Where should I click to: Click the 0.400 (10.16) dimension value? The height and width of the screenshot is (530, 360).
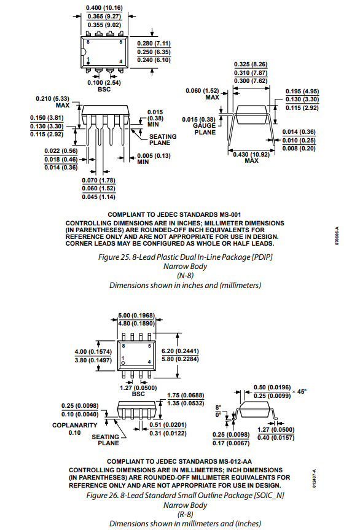(104, 8)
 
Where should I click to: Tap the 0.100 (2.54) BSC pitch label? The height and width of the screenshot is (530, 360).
(104, 86)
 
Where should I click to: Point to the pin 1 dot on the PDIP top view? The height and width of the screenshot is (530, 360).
(88, 63)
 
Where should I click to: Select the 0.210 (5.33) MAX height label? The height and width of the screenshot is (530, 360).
(52, 102)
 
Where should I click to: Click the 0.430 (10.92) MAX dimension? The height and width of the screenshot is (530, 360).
(251, 157)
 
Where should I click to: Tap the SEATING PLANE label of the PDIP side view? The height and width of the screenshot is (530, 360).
(163, 139)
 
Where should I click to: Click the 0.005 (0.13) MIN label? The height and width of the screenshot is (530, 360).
(154, 159)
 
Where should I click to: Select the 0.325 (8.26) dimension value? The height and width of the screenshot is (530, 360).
(251, 64)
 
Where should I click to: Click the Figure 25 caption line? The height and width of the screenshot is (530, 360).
(186, 257)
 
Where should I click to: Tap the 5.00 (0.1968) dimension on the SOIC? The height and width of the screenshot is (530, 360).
(136, 316)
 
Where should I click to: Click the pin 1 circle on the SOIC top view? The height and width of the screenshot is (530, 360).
(123, 363)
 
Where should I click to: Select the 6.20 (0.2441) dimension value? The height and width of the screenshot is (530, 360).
(180, 351)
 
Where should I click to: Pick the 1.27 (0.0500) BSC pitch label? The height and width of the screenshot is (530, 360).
(138, 391)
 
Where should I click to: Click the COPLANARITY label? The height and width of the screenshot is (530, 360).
(75, 425)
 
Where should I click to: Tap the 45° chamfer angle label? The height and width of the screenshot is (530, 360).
(302, 391)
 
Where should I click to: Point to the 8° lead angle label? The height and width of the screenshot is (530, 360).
(218, 407)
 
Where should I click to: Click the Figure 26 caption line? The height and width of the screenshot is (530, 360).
(186, 495)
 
